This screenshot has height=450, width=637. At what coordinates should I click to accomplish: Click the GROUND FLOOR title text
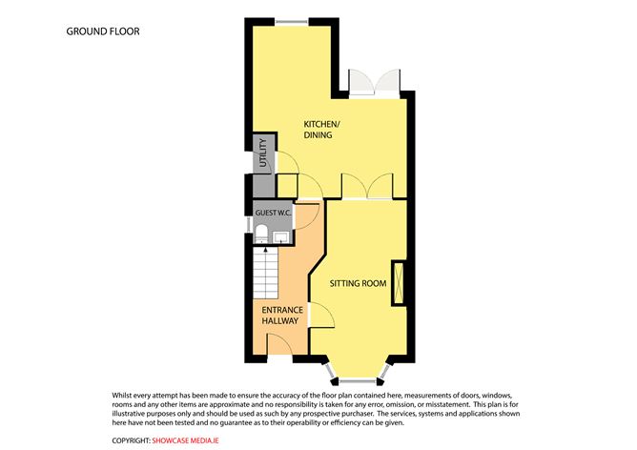tap(102, 31)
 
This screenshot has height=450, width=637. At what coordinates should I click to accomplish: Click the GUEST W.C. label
tap(273, 212)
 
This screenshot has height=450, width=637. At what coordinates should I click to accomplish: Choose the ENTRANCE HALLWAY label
tap(282, 317)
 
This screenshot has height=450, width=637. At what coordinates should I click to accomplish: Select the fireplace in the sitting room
tap(397, 283)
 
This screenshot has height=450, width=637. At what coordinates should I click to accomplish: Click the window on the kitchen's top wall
tap(292, 21)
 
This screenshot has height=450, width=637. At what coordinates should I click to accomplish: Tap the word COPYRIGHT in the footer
tap(131, 440)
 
